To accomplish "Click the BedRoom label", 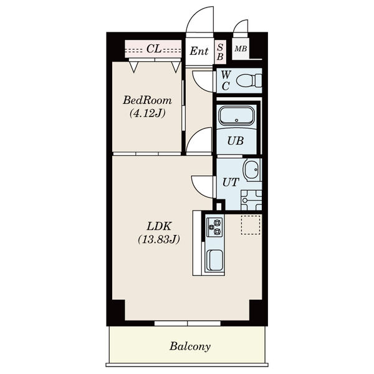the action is pyautogui.click(x=147, y=100).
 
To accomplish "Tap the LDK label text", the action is pyautogui.click(x=159, y=226).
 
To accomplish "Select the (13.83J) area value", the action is pyautogui.click(x=159, y=239).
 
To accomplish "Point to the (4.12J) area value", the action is pyautogui.click(x=147, y=113).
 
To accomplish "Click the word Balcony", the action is pyautogui.click(x=190, y=347).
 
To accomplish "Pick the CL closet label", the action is pyautogui.click(x=154, y=49).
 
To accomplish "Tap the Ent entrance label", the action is pyautogui.click(x=199, y=51).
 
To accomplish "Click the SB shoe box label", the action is pyautogui.click(x=220, y=52).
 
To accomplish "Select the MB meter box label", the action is pyautogui.click(x=241, y=49).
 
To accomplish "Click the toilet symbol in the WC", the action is pyautogui.click(x=249, y=80).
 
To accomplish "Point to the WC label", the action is pyautogui.click(x=226, y=80).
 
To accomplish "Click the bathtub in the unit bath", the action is pyautogui.click(x=237, y=116).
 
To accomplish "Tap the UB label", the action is pyautogui.click(x=236, y=141).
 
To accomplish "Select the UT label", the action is pyautogui.click(x=231, y=182).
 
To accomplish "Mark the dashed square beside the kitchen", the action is pyautogui.click(x=251, y=224).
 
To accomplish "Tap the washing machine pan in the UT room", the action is pyautogui.click(x=251, y=200).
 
